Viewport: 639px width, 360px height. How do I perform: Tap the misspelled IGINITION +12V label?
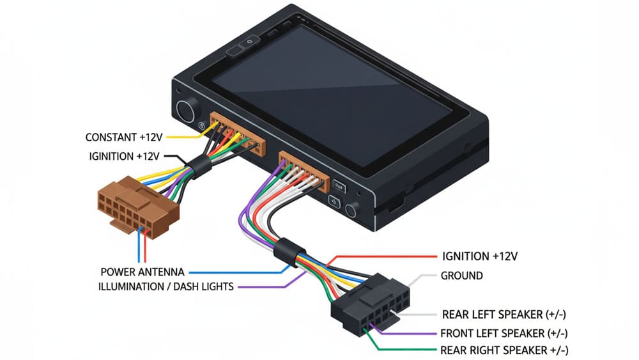pos(124,156)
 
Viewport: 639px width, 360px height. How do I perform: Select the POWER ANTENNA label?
pos(141,271)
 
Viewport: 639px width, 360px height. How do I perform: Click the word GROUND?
pos(462,276)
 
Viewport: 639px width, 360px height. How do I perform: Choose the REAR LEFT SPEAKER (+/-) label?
pos(504,315)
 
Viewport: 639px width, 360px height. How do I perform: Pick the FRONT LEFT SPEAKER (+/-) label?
pos(504,333)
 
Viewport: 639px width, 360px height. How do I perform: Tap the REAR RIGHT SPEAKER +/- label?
pos(504,350)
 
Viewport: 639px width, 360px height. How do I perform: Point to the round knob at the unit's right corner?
pos(351,210)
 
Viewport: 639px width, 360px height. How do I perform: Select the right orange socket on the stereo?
pos(304,169)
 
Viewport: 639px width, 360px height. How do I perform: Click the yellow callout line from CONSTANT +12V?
pos(185,135)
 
